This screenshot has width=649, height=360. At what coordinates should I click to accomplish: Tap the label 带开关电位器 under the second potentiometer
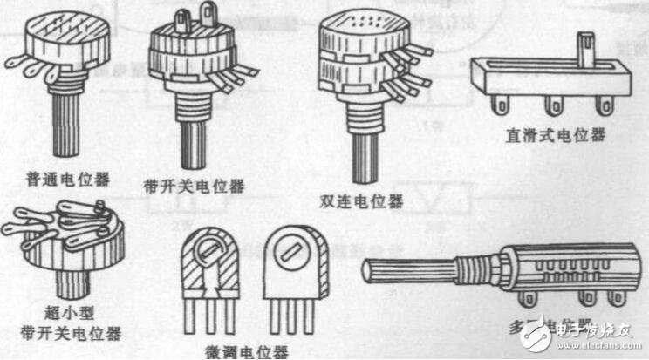(x=193, y=186)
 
